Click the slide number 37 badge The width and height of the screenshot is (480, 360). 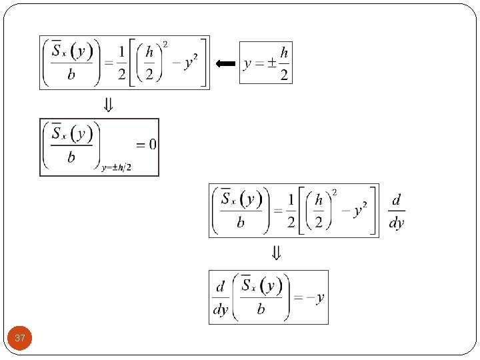[x=20, y=339]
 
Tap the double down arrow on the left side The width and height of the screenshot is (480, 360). [x=107, y=105]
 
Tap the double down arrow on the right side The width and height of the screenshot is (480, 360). [x=275, y=253]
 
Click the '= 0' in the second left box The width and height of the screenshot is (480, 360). [x=146, y=144]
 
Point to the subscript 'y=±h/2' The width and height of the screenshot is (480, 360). [x=116, y=167]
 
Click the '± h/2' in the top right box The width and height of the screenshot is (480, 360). [x=279, y=63]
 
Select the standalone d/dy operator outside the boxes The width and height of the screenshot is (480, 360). [x=397, y=211]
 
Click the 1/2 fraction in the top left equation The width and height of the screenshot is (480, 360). [x=121, y=63]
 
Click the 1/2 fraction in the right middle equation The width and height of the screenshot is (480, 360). [x=291, y=211]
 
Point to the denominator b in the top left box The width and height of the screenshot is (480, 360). [x=71, y=75]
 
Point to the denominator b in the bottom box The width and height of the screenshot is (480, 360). [x=261, y=309]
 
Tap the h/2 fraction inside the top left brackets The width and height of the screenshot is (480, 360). [x=151, y=63]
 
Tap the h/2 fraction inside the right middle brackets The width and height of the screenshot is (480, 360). [x=319, y=211]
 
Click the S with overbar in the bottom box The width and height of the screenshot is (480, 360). [x=247, y=286]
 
